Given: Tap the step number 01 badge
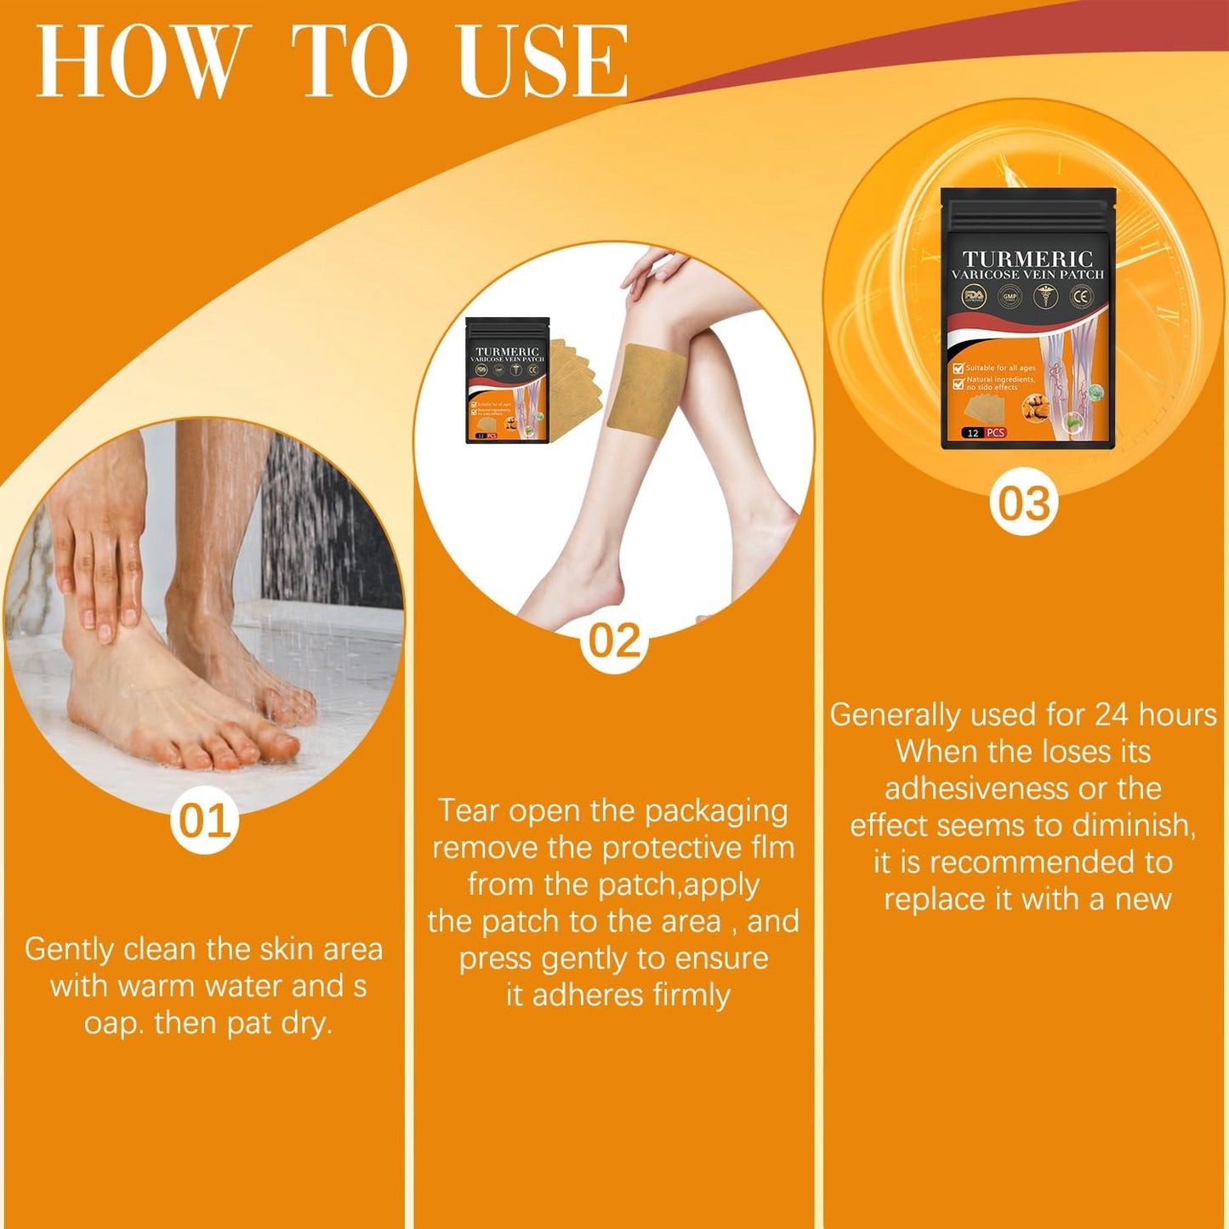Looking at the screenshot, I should point(203,822).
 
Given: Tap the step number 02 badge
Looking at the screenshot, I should point(614,640).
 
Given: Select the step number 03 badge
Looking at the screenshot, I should point(1024,504).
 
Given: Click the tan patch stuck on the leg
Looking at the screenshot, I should point(646,392).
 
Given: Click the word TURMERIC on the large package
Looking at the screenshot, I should point(1027,259).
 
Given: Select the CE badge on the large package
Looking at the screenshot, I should point(1081,297).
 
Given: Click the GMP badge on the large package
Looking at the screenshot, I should point(1010,297).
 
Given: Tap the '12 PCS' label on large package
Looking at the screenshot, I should point(984,433).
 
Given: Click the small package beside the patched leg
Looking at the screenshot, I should point(508,380).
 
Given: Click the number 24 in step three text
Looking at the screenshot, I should point(1111,715).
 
